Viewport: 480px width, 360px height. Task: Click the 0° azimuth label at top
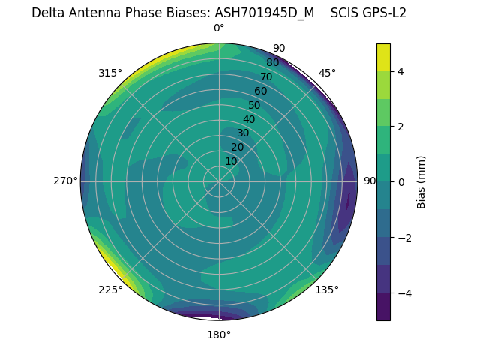pyautogui.click(x=219, y=28)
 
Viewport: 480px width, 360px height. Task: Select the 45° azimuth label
pyautogui.click(x=327, y=73)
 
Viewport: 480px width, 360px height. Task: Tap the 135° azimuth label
pyautogui.click(x=327, y=289)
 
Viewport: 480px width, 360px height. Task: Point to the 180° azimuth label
pyautogui.click(x=219, y=334)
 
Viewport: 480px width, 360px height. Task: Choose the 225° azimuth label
pyautogui.click(x=110, y=290)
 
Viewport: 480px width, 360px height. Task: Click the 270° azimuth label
pyautogui.click(x=65, y=181)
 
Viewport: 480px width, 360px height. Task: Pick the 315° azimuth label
pyautogui.click(x=110, y=73)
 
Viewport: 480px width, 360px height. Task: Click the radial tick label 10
pyautogui.click(x=231, y=161)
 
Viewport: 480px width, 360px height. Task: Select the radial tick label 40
pyautogui.click(x=249, y=119)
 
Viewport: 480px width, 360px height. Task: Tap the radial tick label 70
pyautogui.click(x=266, y=77)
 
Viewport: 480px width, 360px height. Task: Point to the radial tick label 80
pyautogui.click(x=272, y=63)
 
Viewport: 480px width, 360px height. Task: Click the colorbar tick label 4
pyautogui.click(x=401, y=72)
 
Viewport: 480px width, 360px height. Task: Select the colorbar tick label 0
pyautogui.click(x=401, y=182)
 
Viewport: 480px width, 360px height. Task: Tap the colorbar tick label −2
pyautogui.click(x=404, y=238)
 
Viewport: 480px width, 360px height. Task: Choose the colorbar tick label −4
pyautogui.click(x=404, y=293)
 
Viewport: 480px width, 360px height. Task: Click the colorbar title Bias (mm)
pyautogui.click(x=421, y=182)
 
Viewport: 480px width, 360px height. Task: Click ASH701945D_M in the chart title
pyautogui.click(x=265, y=13)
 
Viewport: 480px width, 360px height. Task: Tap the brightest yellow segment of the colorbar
pyautogui.click(x=383, y=57)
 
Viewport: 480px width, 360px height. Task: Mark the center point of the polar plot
pyautogui.click(x=219, y=181)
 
